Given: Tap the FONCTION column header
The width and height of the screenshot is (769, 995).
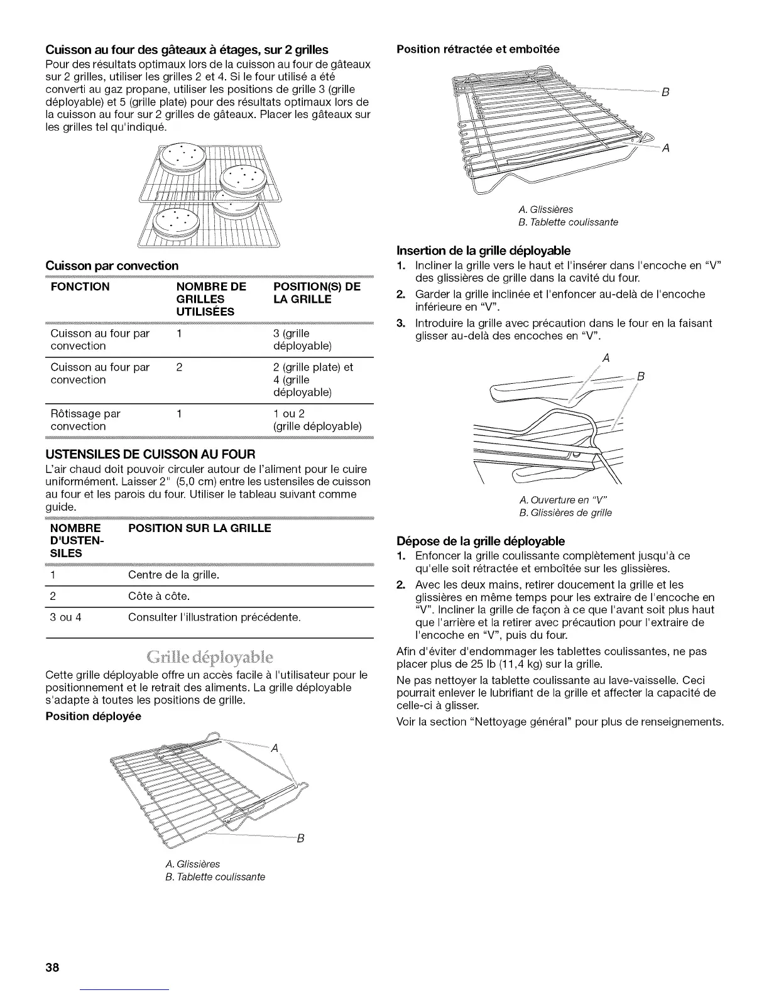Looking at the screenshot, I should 80,287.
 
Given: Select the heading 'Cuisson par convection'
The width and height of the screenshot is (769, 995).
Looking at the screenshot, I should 112,266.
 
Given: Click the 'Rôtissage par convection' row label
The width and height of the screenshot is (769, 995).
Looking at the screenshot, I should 85,420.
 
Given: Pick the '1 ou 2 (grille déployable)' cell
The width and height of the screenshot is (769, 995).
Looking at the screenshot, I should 317,420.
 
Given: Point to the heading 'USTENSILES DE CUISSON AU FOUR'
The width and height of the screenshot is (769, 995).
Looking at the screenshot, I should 150,454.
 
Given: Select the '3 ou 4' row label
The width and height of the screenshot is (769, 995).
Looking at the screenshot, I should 65,617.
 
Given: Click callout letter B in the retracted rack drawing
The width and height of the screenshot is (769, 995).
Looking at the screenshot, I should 664,92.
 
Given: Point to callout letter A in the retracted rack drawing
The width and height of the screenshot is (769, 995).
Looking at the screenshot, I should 666,148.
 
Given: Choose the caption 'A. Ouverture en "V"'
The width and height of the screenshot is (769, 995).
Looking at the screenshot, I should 563,499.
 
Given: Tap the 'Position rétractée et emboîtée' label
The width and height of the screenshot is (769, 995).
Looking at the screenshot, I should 477,48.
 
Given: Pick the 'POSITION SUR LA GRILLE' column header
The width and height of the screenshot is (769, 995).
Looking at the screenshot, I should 200,528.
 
